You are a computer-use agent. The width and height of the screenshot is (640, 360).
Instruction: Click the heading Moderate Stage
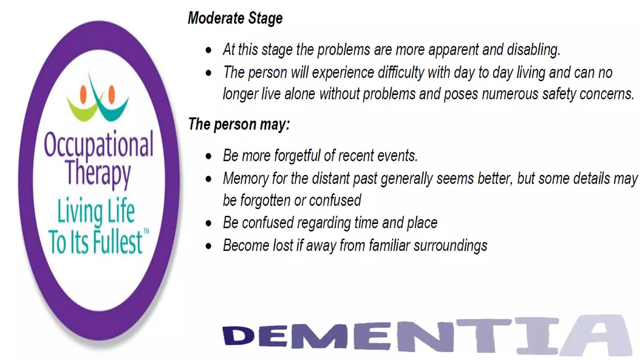point(235,18)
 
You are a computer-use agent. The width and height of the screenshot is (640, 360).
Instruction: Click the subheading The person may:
point(239,124)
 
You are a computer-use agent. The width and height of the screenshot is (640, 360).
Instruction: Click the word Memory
point(246,179)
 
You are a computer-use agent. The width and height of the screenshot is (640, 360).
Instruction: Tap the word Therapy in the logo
point(98,173)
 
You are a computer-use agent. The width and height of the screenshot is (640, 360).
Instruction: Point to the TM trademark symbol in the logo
point(146,232)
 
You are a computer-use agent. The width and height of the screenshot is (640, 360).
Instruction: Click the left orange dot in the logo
point(83,94)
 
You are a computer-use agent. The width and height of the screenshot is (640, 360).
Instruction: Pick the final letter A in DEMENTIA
point(595,336)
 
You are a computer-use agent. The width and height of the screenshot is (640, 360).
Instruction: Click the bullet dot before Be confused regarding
point(208,223)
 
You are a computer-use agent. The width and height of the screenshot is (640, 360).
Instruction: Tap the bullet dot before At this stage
point(208,50)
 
